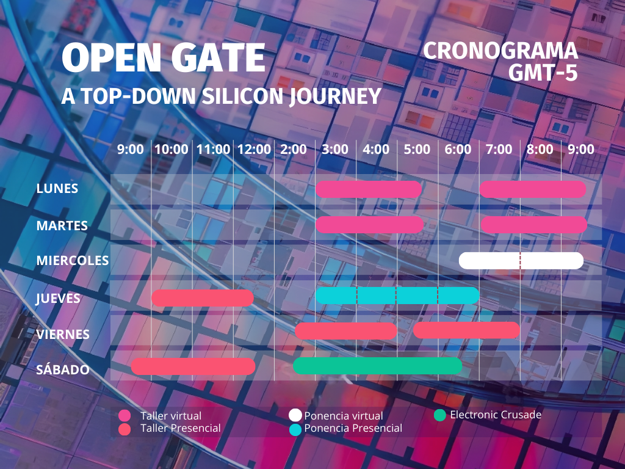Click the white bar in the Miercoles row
pyautogui.click(x=521, y=260)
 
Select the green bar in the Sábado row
pyautogui.click(x=377, y=366)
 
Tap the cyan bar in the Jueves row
pyautogui.click(x=397, y=296)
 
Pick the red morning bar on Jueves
pyautogui.click(x=203, y=298)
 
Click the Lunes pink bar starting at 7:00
pyautogui.click(x=533, y=189)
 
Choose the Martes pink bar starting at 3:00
pyautogui.click(x=369, y=225)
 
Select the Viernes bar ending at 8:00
pyautogui.click(x=467, y=330)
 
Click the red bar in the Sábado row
pyautogui.click(x=193, y=366)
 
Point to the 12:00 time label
pyautogui.click(x=254, y=150)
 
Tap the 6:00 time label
pyautogui.click(x=458, y=150)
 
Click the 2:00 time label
pyautogui.click(x=294, y=150)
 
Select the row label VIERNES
pyautogui.click(x=63, y=334)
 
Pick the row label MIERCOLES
pyautogui.click(x=73, y=260)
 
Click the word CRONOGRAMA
pyautogui.click(x=500, y=51)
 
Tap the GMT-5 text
pyautogui.click(x=543, y=73)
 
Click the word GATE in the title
pyautogui.click(x=219, y=58)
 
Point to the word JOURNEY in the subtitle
pyautogui.click(x=336, y=96)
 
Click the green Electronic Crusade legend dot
pyautogui.click(x=439, y=415)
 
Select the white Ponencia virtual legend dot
pyautogui.click(x=295, y=415)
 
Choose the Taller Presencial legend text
pyautogui.click(x=181, y=428)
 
